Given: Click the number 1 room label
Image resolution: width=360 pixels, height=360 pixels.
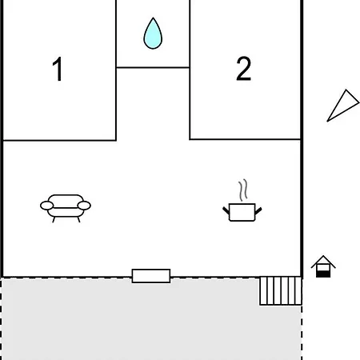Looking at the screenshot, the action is tap(58, 69).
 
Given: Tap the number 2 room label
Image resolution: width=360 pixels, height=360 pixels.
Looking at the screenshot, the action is tap(244, 69).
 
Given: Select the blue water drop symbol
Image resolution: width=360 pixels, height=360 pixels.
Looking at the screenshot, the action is tap(153, 34).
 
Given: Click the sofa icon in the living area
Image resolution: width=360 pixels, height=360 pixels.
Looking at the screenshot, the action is tap(66, 208).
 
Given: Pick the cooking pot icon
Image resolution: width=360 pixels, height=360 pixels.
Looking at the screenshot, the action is tap(242, 212).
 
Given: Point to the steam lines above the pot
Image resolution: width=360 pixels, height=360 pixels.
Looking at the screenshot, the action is tap(242, 190).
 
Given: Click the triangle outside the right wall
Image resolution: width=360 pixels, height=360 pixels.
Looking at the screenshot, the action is tap(343, 106).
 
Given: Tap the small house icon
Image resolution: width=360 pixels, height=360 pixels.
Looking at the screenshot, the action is tap(323, 266).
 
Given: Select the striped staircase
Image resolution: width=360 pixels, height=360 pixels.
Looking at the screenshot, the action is tap(281, 290).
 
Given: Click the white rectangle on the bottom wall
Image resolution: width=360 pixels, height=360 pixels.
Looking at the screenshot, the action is tap(151, 276).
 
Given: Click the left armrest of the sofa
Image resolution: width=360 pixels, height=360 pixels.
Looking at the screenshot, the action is tap(47, 206).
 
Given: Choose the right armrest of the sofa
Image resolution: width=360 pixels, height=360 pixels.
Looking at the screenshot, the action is tap(84, 206).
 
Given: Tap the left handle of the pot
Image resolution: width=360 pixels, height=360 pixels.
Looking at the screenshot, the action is tap(226, 210).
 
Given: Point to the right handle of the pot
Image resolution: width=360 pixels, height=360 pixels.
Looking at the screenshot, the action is tap(258, 210).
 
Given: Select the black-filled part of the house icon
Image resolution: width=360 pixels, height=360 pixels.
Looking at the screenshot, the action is tap(323, 274).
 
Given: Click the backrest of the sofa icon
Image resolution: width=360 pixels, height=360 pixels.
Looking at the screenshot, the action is tap(66, 201).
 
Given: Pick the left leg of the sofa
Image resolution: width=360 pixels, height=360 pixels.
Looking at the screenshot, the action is tap(54, 220).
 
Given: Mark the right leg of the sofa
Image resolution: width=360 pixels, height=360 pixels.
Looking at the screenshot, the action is tap(78, 220).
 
